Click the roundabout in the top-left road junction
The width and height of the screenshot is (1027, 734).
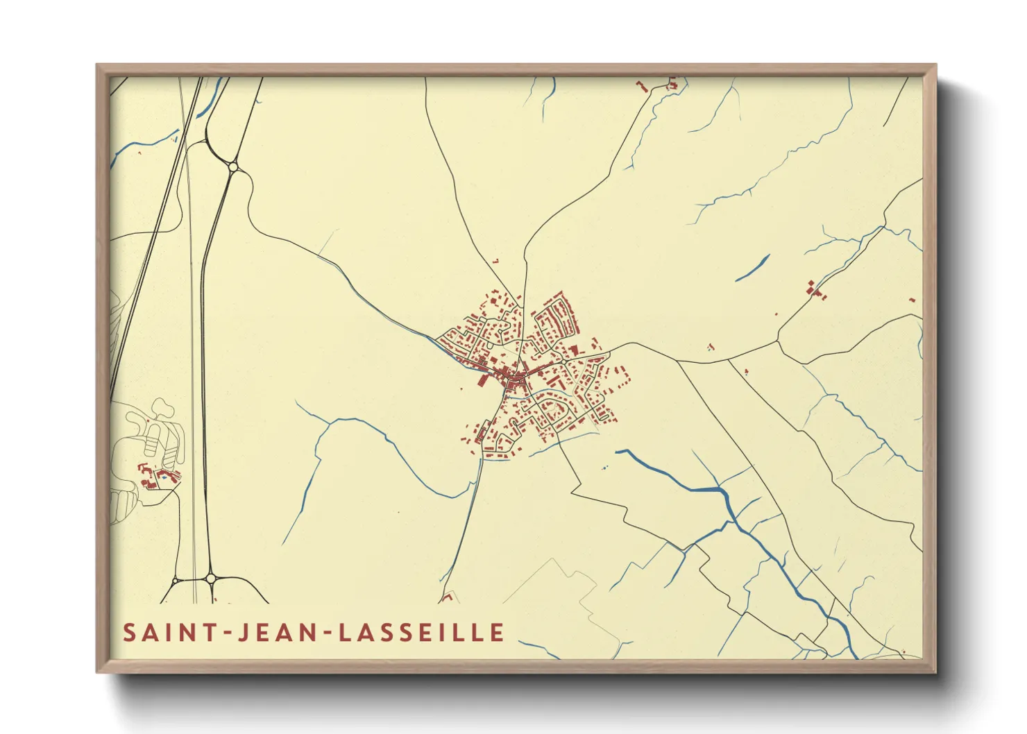(x=233, y=167)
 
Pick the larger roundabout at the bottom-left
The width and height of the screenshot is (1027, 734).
(x=210, y=578)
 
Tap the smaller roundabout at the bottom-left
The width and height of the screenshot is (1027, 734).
(x=176, y=580)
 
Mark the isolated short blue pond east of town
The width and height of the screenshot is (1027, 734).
(x=753, y=267)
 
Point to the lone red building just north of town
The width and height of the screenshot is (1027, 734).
(x=495, y=261)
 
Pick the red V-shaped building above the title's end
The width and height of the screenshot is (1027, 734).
(x=448, y=596)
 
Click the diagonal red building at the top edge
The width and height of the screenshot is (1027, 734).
(x=642, y=87)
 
